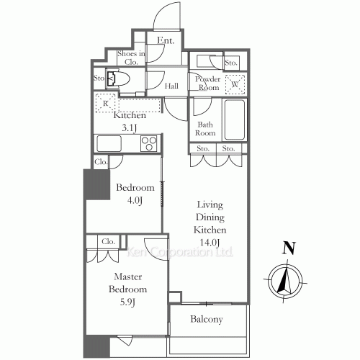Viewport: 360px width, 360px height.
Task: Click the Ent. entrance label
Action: [x=166, y=40]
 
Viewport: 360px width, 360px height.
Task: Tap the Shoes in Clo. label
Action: [x=132, y=57]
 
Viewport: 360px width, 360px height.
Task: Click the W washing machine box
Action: [x=235, y=84]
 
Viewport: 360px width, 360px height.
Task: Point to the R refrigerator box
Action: [x=106, y=103]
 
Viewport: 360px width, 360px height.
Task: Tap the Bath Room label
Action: [x=206, y=128]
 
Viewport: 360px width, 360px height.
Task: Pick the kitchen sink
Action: [x=109, y=143]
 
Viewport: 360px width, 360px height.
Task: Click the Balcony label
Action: [x=207, y=320]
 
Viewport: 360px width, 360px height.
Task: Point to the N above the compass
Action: [x=289, y=249]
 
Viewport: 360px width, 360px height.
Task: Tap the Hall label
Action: [x=171, y=87]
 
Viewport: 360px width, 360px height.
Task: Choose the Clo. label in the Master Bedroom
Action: [x=109, y=241]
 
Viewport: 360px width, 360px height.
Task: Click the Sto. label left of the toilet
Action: [x=99, y=77]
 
